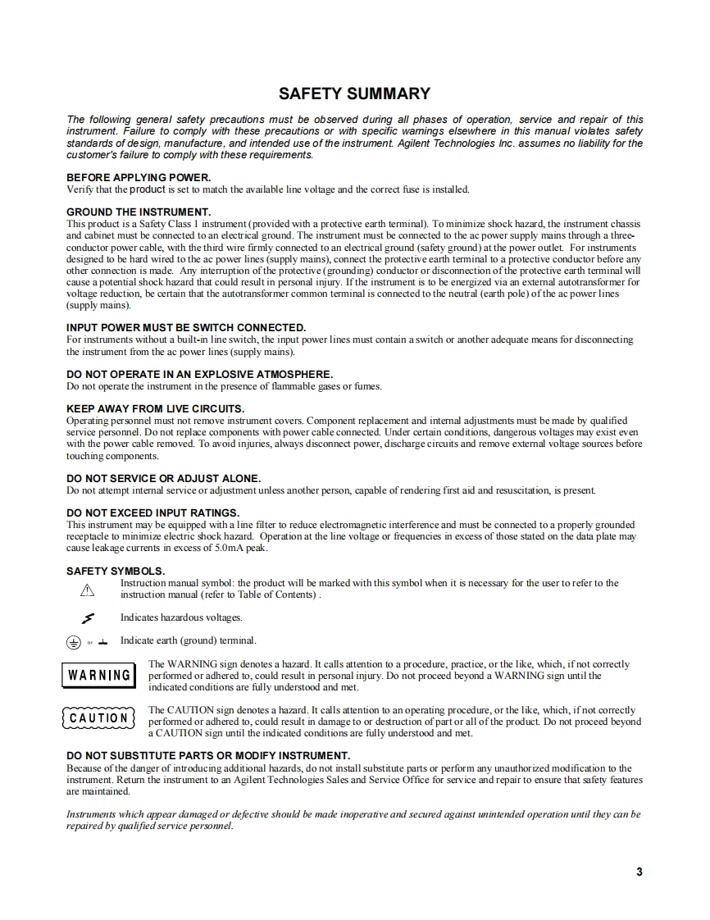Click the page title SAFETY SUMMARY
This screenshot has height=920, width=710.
click(354, 93)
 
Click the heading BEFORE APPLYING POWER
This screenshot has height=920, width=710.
click(139, 177)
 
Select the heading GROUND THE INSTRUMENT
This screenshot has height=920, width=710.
click(139, 212)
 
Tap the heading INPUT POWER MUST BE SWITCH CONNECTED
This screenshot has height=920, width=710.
click(186, 327)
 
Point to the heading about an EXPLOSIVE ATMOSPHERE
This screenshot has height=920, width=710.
click(199, 374)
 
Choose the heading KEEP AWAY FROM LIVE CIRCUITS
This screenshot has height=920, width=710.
click(155, 408)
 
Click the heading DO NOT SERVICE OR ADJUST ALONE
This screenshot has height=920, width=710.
click(163, 478)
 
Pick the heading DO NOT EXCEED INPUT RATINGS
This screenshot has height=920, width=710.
click(152, 512)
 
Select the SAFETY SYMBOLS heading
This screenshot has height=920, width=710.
click(116, 571)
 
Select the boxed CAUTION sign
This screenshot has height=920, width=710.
click(98, 718)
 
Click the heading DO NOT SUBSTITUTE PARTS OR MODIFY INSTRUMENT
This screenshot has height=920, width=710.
click(208, 755)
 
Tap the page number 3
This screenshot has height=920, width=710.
click(639, 872)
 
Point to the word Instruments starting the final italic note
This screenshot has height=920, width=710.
click(92, 814)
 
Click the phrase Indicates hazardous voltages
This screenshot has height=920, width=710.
click(181, 617)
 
